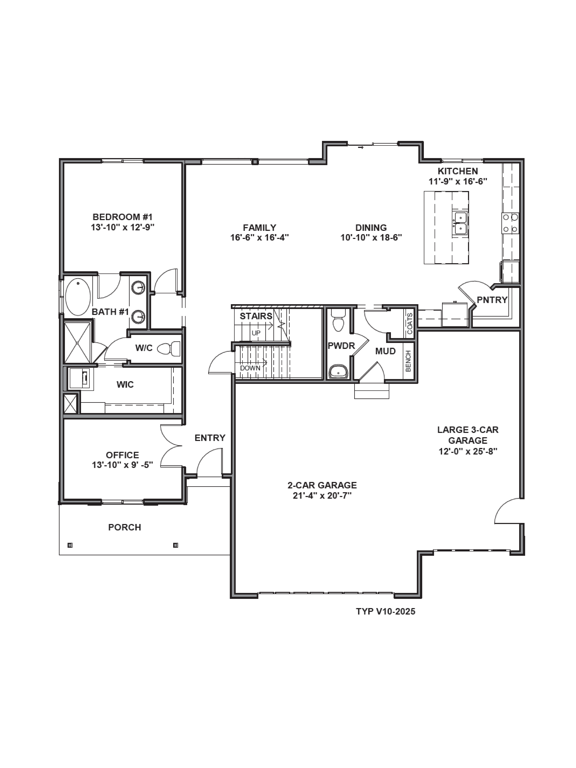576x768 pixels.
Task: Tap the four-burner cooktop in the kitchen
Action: click(x=510, y=223)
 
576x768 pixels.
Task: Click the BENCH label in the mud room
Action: click(x=408, y=361)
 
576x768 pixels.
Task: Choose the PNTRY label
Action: click(x=492, y=300)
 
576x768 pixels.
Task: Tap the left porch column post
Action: click(x=70, y=545)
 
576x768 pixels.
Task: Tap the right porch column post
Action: click(x=175, y=545)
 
